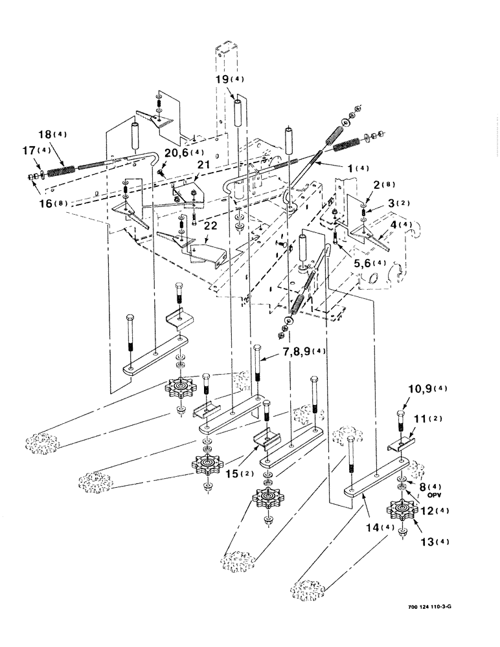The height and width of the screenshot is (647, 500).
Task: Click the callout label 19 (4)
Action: coord(230,80)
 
